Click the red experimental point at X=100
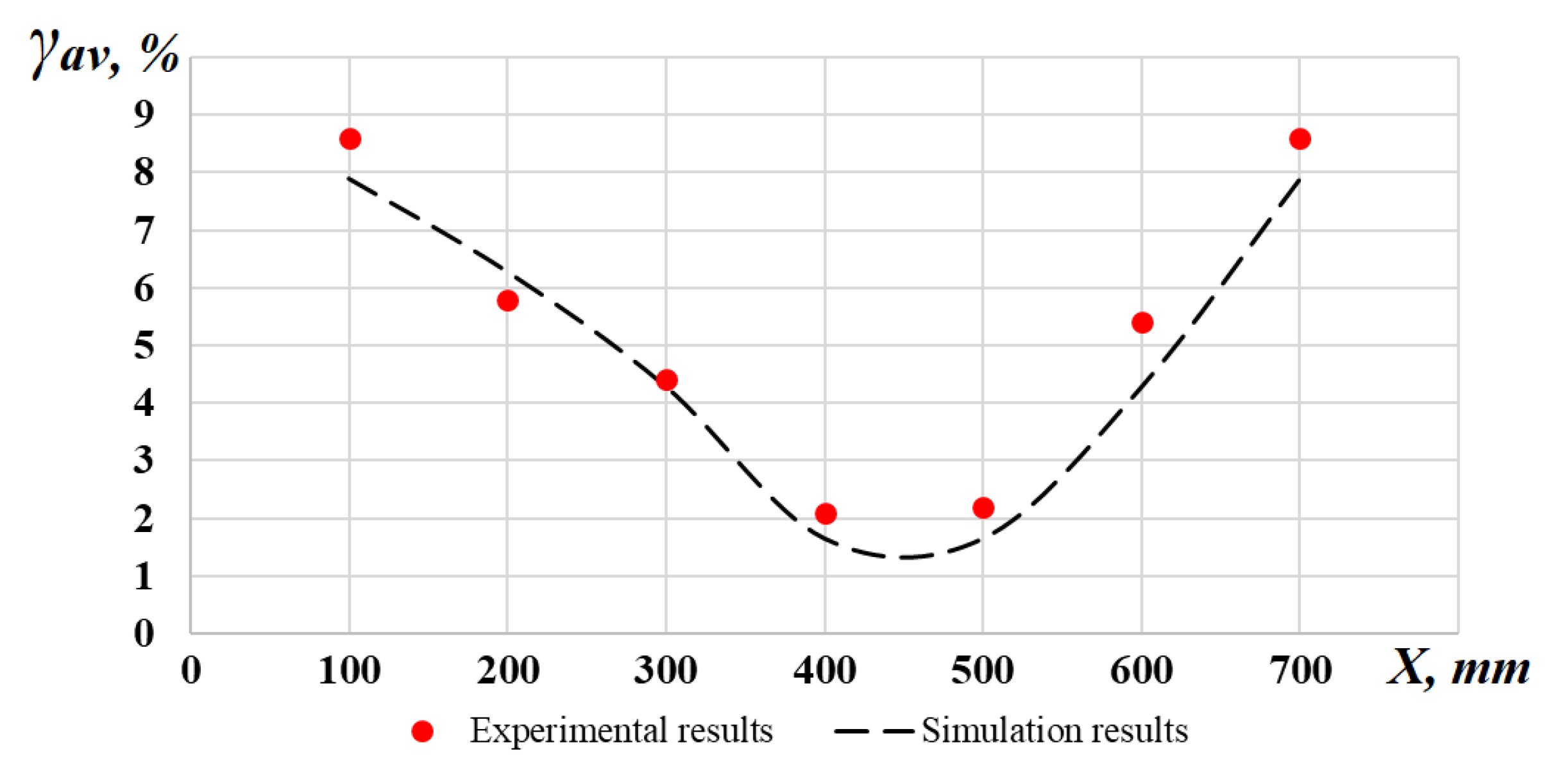[x=350, y=139]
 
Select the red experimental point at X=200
[x=507, y=300]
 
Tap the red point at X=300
[x=666, y=380]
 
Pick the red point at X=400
[x=826, y=513]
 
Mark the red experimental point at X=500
[x=983, y=508]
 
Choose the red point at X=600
[x=1142, y=322]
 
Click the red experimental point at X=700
[x=1300, y=139]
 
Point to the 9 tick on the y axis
[x=144, y=114]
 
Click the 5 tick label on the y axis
[x=144, y=346]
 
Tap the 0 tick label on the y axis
[x=144, y=633]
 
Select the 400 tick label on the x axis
[x=825, y=671]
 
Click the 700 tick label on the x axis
[x=1300, y=671]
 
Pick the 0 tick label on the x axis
[x=191, y=671]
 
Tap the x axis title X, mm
[x=1457, y=669]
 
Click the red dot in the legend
[x=422, y=731]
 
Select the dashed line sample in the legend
[x=874, y=731]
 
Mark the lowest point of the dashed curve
[x=904, y=557]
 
